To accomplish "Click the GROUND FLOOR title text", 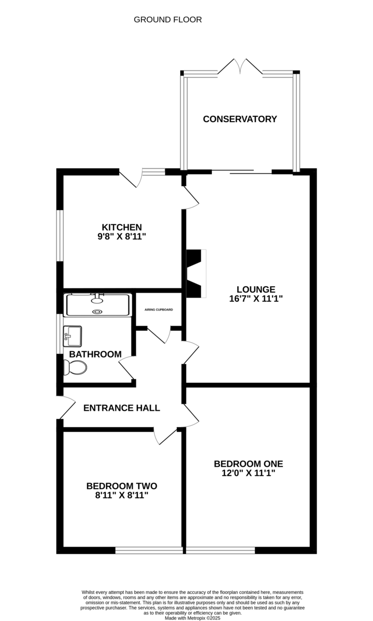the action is [168, 20].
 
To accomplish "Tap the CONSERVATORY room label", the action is [240, 119].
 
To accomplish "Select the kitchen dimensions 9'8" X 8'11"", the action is [122, 236].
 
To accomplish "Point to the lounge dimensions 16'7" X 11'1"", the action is [256, 299].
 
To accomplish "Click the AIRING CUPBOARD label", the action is [159, 309].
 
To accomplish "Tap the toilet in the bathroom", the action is [75, 367].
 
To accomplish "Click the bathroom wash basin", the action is [72, 336].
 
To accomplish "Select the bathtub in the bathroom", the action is [98, 305].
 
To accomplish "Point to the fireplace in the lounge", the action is [196, 274].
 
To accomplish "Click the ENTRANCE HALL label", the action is [122, 408].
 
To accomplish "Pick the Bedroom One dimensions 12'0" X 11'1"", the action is [248, 472].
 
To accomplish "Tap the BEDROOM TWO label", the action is [122, 486].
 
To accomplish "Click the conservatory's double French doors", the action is [240, 67].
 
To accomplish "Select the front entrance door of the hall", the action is [66, 407].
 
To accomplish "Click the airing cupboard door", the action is [159, 335].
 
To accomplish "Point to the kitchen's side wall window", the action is [60, 235].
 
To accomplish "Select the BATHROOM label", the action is [95, 354].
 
